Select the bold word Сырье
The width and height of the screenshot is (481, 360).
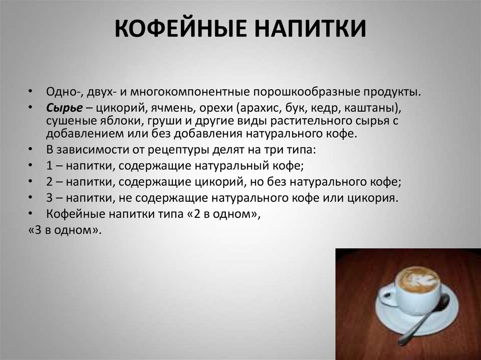click(64, 108)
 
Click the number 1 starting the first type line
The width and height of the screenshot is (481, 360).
click(49, 166)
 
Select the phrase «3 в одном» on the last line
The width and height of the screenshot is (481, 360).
click(64, 230)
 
